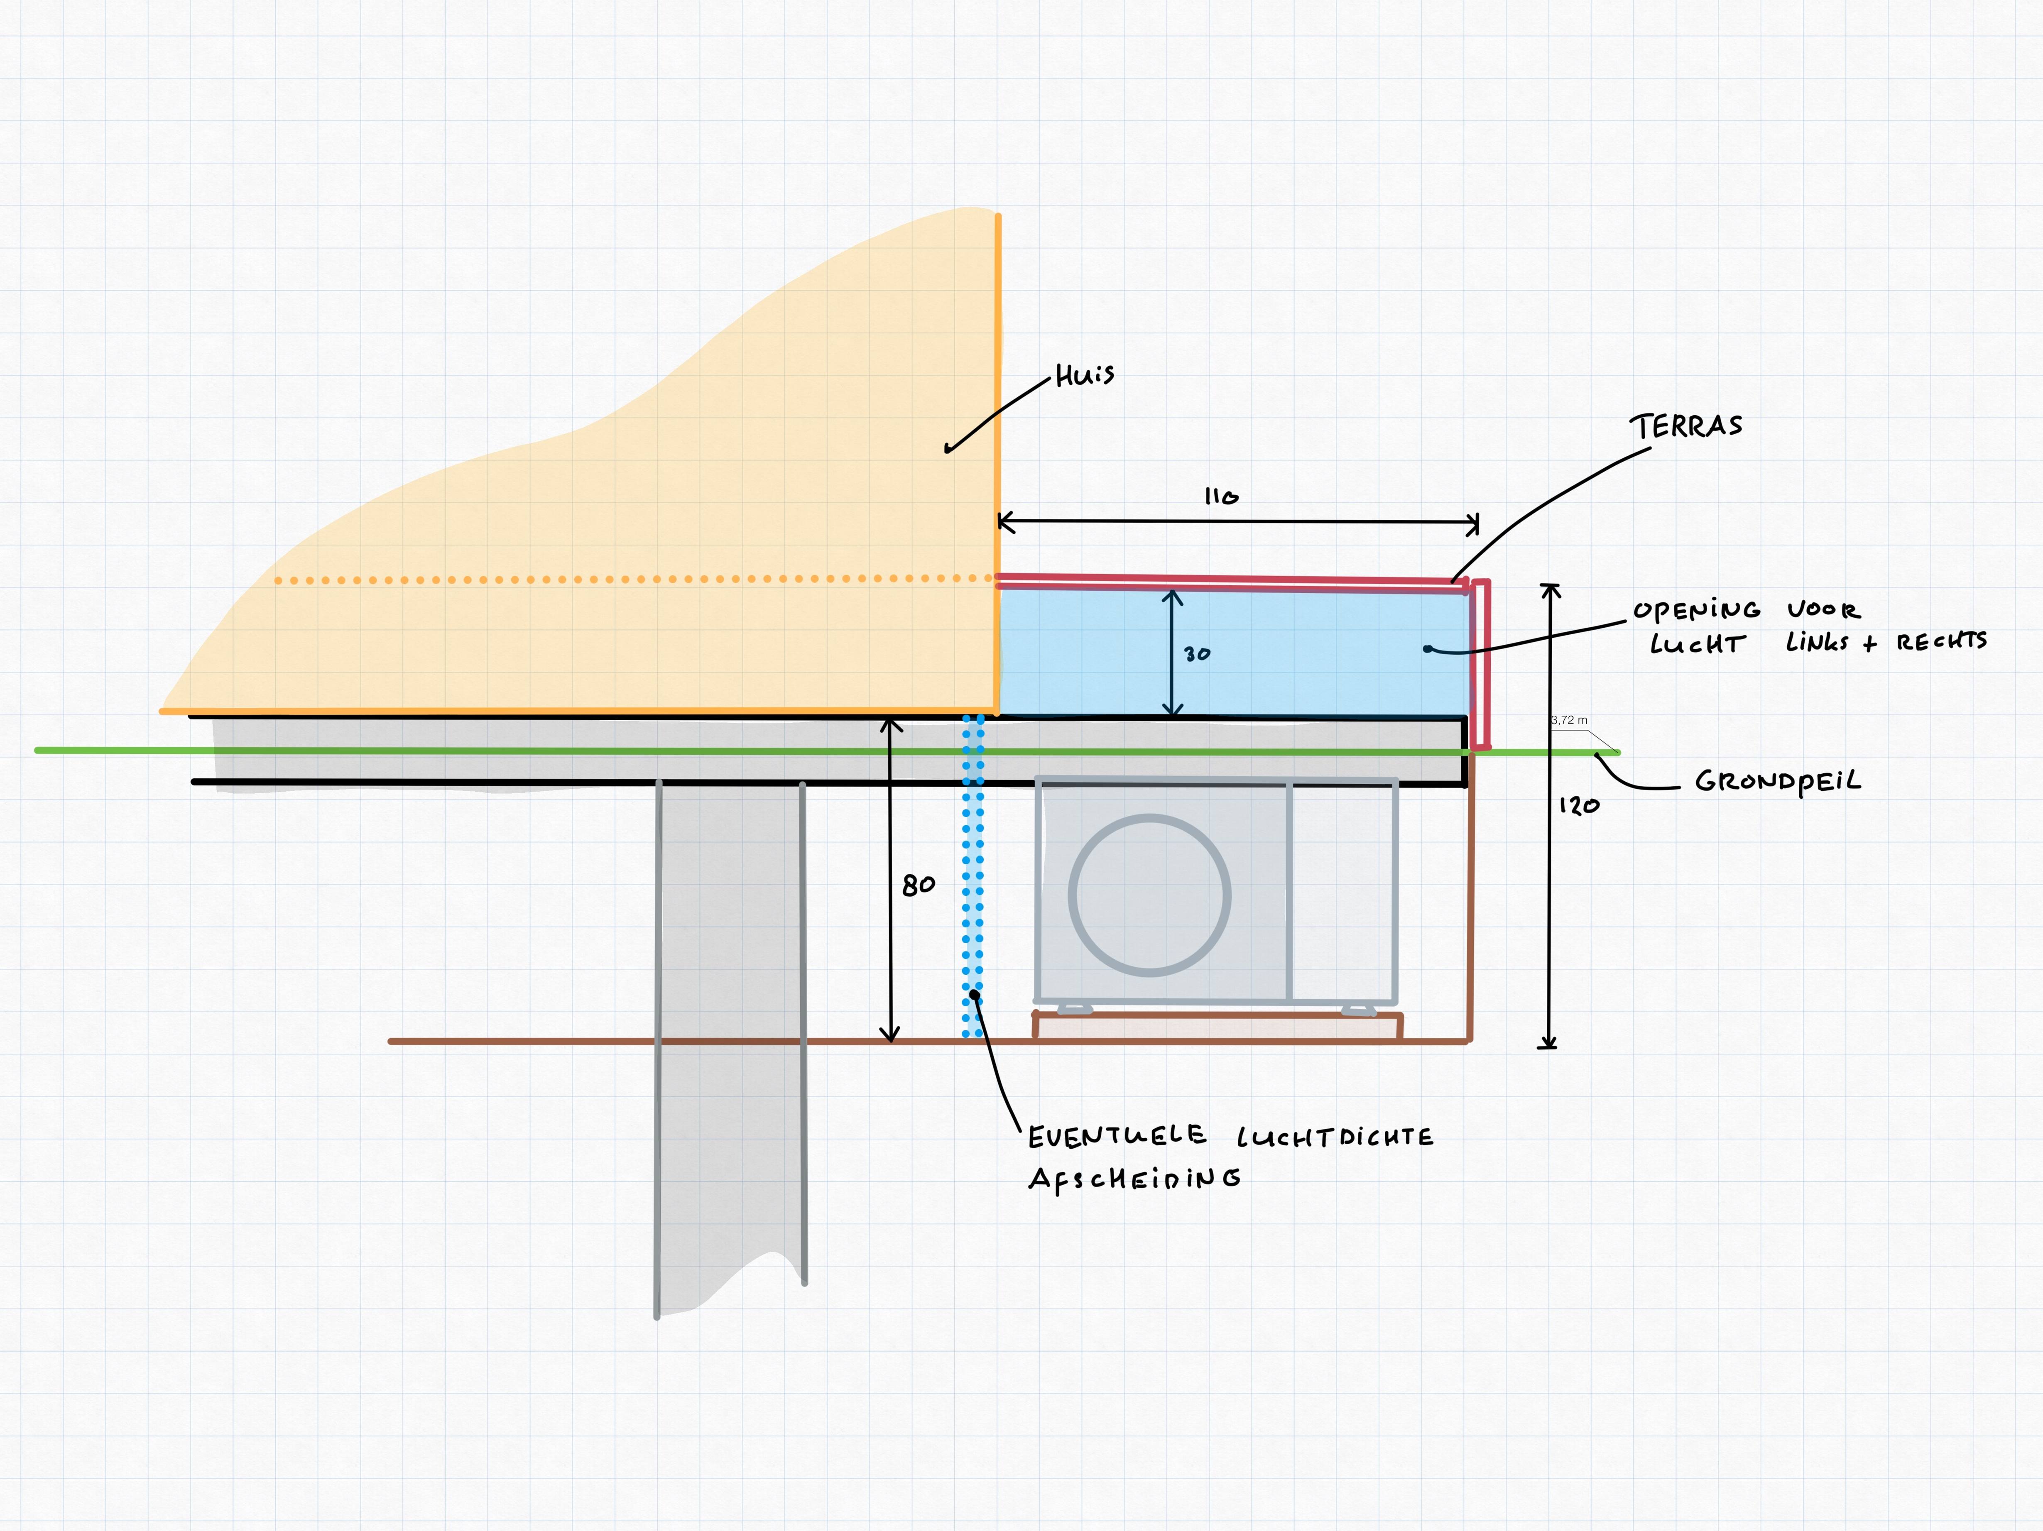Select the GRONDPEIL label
tap(1778, 782)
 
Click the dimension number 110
tap(1221, 497)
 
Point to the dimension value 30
tap(1197, 654)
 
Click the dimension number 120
tap(1579, 806)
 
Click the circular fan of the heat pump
tap(1150, 895)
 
